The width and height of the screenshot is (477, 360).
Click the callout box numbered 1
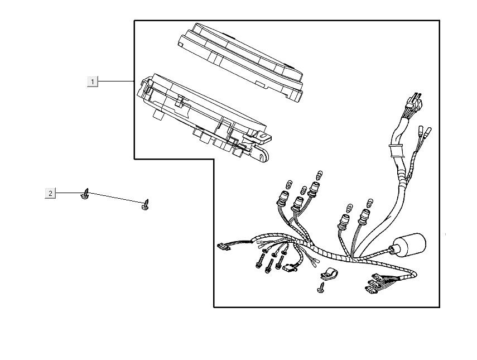(93, 81)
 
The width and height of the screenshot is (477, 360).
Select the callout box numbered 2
(50, 193)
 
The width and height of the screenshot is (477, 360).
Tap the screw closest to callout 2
(85, 194)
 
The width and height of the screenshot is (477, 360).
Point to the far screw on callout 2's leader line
(146, 204)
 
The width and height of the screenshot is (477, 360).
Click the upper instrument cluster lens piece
(240, 61)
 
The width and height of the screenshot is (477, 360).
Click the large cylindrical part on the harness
(409, 245)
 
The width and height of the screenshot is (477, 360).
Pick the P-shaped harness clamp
(328, 273)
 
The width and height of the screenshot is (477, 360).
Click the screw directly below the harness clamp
(321, 287)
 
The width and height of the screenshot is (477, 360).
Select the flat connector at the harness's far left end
(224, 246)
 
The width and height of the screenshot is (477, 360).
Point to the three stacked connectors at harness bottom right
(374, 283)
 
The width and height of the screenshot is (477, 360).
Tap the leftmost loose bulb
(290, 184)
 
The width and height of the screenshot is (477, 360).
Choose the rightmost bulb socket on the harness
(364, 216)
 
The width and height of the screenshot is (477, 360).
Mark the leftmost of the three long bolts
(259, 261)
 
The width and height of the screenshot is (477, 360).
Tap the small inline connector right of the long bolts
(290, 268)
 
